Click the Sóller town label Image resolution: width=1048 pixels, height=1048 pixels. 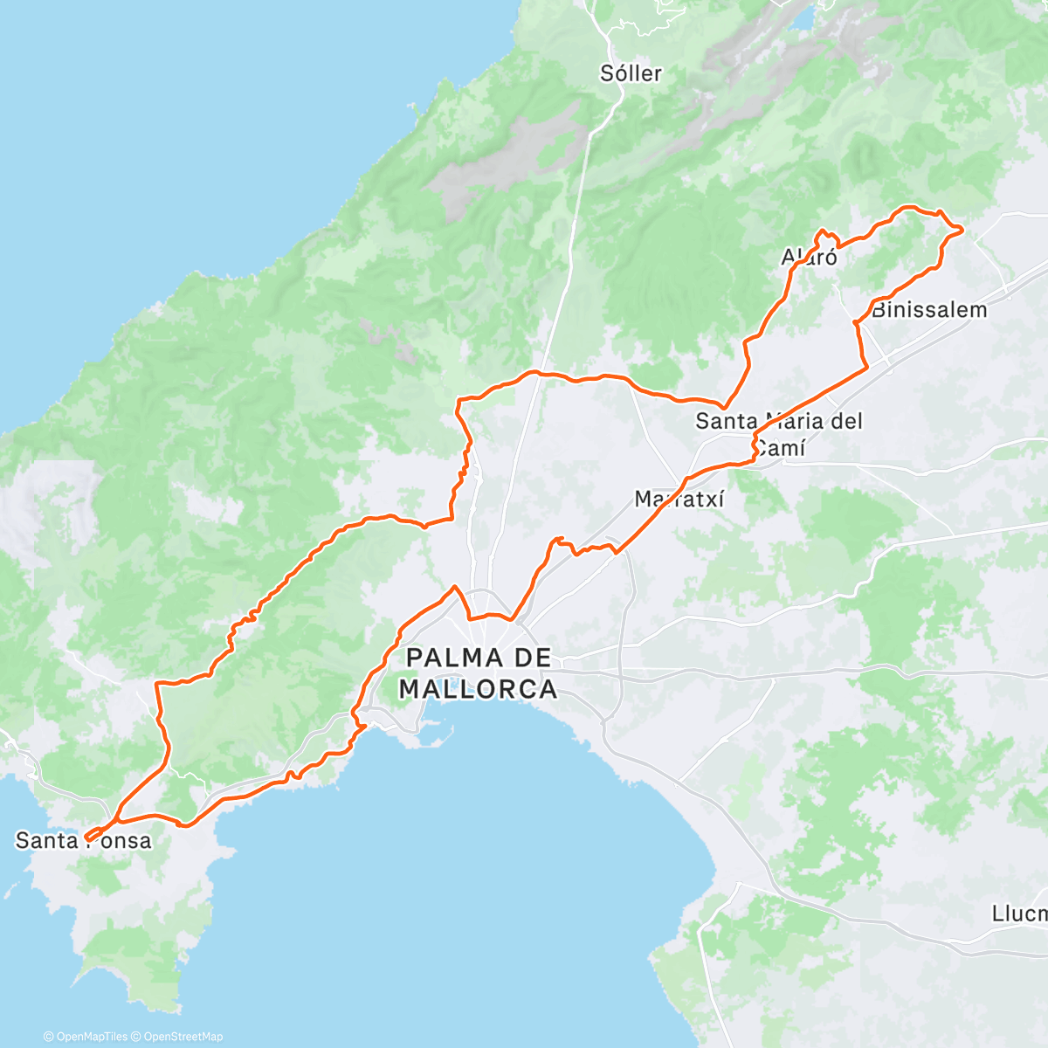631,73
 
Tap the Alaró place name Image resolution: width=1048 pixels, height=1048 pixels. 809,257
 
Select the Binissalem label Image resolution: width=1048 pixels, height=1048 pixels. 929,310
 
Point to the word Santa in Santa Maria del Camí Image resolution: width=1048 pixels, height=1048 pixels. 727,421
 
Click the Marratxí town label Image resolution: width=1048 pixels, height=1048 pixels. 679,500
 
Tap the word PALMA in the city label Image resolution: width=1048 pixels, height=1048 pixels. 454,658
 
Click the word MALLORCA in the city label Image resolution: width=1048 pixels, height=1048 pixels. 478,689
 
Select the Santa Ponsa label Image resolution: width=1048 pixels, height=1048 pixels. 84,841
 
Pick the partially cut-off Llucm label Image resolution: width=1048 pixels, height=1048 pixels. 1019,914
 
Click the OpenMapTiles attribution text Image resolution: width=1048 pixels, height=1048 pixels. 86,1037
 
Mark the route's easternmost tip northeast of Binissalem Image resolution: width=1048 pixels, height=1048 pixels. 962,230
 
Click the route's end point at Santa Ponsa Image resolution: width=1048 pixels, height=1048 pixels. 87,839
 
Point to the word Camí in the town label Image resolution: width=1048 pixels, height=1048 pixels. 780,449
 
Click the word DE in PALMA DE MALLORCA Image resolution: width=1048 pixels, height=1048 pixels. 530,658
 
